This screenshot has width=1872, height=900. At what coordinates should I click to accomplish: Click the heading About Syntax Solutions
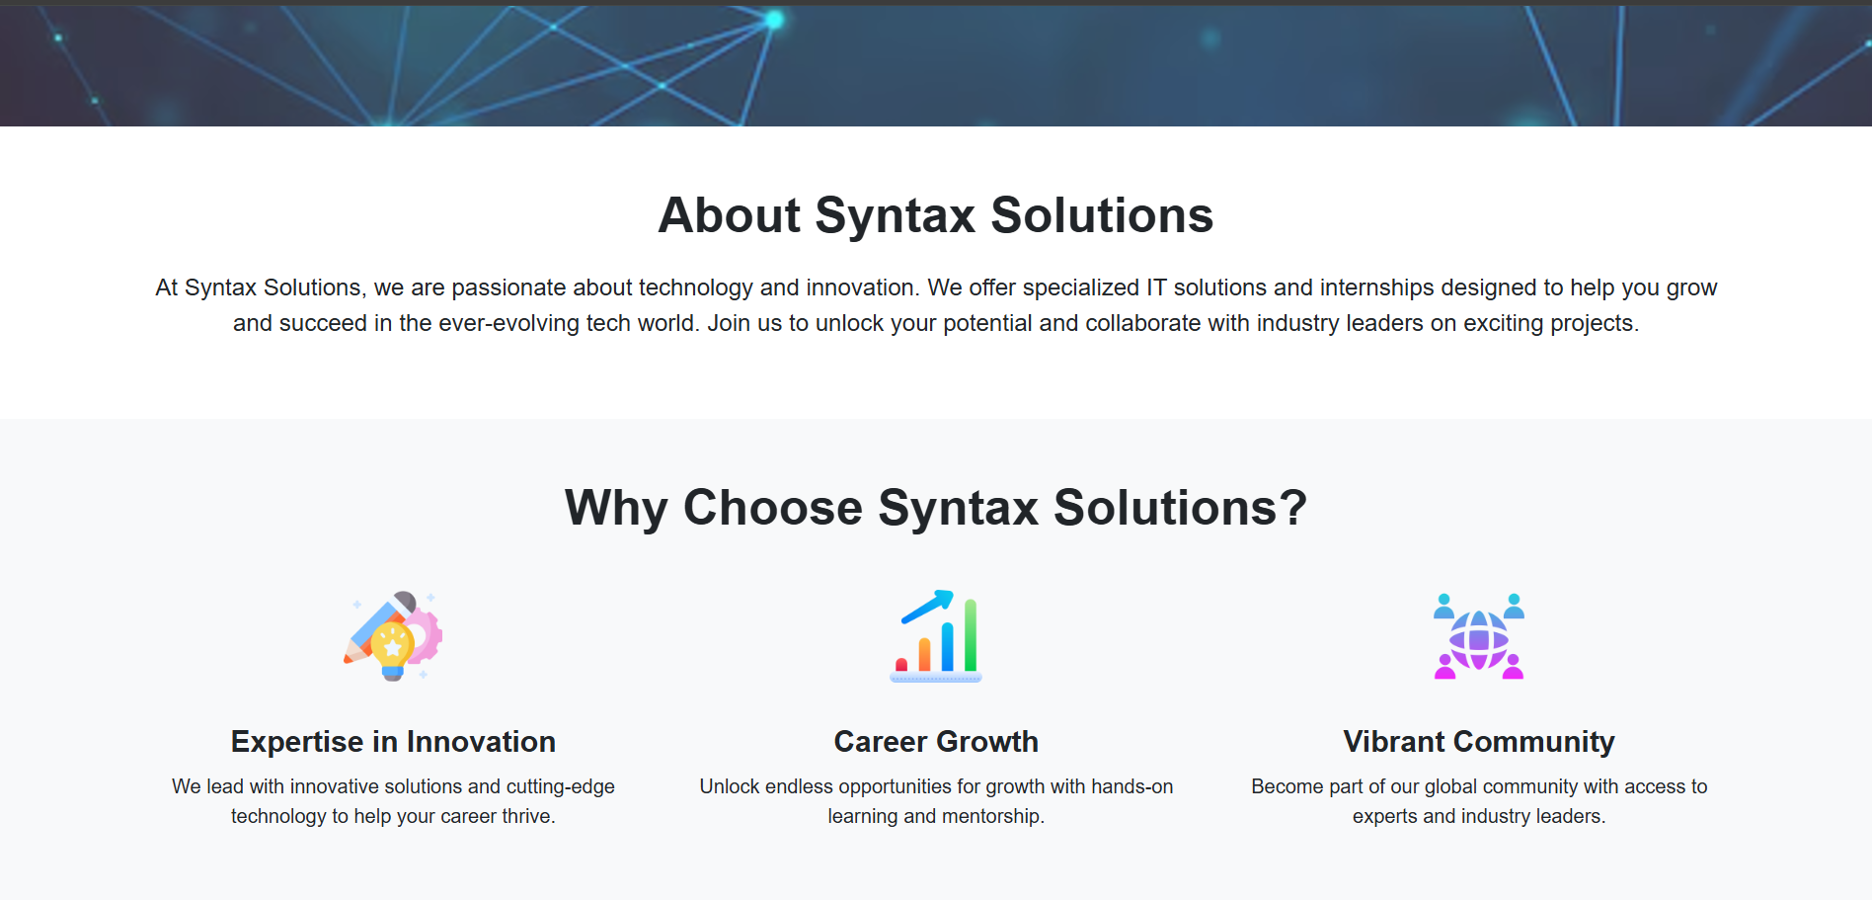coord(936,215)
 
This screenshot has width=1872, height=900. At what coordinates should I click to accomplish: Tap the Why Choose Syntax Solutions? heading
coord(936,508)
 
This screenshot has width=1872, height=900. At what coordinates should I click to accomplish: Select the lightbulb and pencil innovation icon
coord(393,636)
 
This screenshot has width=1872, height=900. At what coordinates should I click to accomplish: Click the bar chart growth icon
coord(936,636)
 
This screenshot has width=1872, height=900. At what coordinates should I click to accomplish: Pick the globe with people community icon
coord(1479,636)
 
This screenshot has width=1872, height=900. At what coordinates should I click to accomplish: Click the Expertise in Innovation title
coord(393,742)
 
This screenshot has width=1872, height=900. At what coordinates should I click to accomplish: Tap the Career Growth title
coord(936,742)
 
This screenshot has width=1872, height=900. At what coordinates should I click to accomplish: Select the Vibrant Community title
coord(1479,742)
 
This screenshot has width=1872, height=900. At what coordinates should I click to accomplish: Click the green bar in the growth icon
coord(971,635)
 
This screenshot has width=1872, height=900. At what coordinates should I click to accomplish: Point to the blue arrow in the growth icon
coord(928,606)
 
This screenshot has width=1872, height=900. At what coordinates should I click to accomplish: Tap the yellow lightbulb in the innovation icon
coord(392,650)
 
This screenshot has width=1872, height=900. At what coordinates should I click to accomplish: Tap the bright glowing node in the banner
coord(775,20)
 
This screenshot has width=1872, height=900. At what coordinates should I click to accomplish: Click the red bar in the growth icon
coord(901,665)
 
